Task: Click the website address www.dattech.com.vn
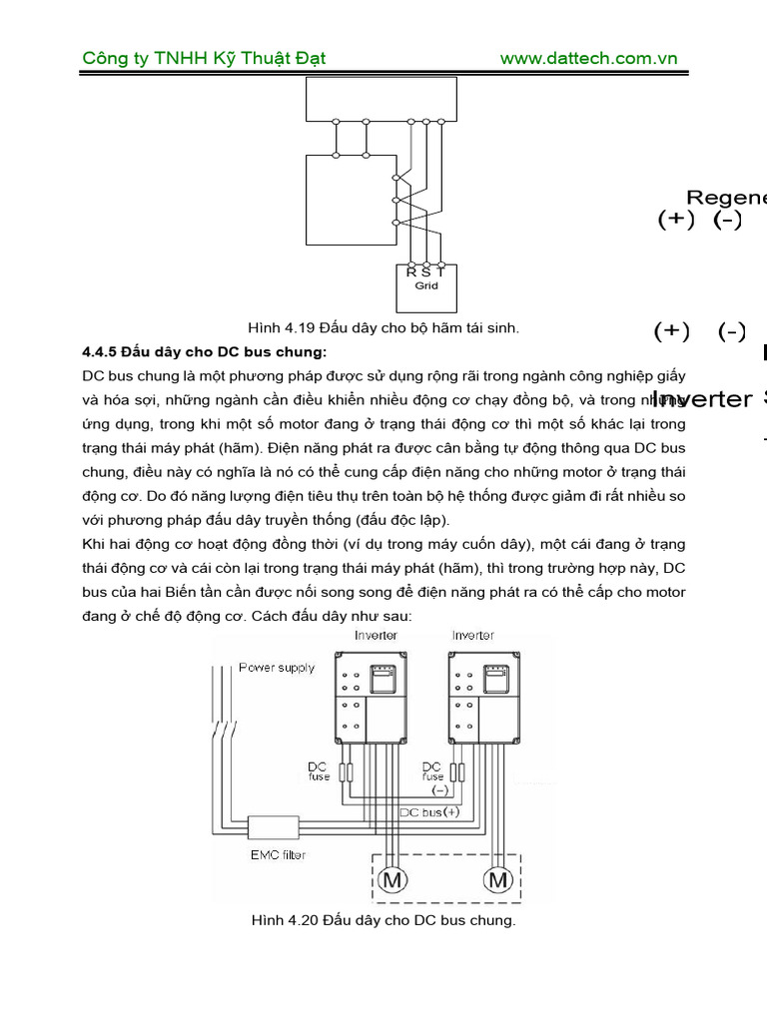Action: [588, 58]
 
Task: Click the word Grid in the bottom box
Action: [426, 285]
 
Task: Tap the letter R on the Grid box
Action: [410, 271]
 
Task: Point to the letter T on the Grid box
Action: [441, 271]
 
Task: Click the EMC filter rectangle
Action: [273, 828]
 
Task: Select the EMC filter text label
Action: [278, 855]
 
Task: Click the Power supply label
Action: [276, 668]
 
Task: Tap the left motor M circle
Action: [391, 880]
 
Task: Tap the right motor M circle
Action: [497, 880]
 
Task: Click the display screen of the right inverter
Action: [496, 680]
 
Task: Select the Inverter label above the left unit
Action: [376, 635]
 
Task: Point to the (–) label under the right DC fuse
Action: [439, 789]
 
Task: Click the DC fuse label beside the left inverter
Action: [319, 770]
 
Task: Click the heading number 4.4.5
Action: [100, 352]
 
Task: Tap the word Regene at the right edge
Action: [726, 198]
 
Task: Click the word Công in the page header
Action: [104, 58]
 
